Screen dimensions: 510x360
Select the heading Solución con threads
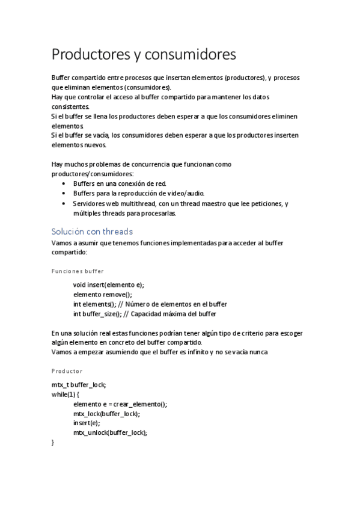coord(92,232)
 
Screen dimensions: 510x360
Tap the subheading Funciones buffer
coord(78,271)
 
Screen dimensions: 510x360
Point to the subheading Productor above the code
coord(67,371)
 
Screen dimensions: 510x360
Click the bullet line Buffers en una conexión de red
coord(120,183)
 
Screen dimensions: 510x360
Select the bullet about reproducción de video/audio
coord(139,194)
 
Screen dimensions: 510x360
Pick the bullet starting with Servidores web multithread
coord(180,204)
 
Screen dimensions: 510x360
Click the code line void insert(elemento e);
coord(109,284)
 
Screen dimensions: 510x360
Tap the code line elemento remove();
coord(102,295)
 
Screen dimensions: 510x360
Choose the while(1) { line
coord(66,395)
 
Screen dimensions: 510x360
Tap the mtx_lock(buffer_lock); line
coord(106,414)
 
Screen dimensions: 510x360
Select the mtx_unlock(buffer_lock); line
coord(110,432)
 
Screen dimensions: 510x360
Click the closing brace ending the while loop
coord(53,443)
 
